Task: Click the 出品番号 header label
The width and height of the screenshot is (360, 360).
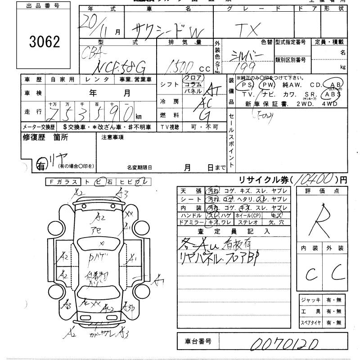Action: tap(44, 6)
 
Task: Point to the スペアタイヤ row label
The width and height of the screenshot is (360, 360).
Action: tap(310, 323)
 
